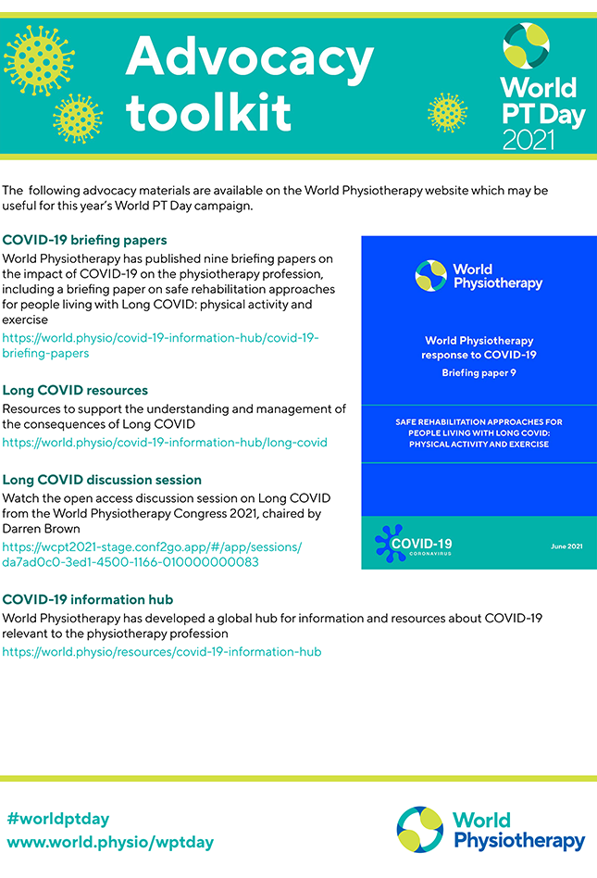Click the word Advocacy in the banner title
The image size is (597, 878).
point(249,57)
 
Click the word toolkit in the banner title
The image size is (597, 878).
point(208,111)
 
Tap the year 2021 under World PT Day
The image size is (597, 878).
point(529,139)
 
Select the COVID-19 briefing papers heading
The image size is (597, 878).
point(84,240)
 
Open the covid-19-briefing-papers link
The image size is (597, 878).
point(160,345)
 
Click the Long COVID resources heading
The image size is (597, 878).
point(75,390)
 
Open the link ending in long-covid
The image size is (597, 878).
point(165,442)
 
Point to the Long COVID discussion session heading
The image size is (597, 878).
point(102,480)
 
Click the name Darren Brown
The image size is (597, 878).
point(42,529)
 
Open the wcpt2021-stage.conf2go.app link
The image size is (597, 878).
point(152,554)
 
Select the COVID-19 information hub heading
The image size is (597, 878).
point(88,599)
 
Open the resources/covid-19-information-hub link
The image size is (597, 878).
point(162,651)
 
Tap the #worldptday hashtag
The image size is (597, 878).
point(57,819)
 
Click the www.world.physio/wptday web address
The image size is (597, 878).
point(110,843)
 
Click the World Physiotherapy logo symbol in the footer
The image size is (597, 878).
point(421,830)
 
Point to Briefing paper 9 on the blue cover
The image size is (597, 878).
point(479,373)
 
